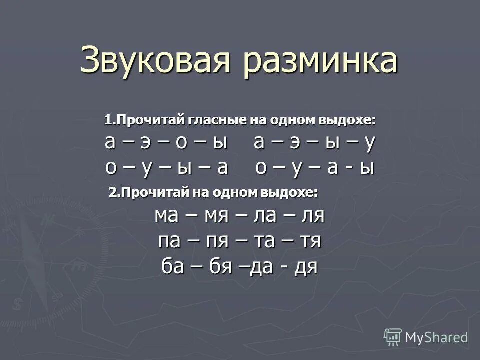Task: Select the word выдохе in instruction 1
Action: [x=348, y=120]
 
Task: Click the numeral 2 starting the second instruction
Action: [x=112, y=192]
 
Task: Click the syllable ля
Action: [x=313, y=216]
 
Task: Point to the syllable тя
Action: [x=310, y=241]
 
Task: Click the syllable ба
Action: [x=173, y=267]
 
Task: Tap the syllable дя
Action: [x=306, y=267]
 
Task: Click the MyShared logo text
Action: [x=436, y=337]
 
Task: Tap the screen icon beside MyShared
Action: [x=393, y=337]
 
